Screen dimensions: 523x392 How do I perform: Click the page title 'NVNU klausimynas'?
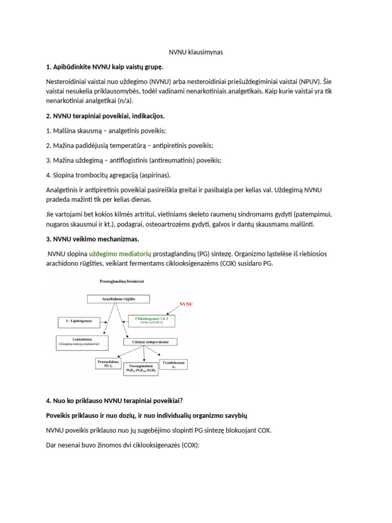tap(196, 52)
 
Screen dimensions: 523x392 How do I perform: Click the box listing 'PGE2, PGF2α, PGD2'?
tap(142, 369)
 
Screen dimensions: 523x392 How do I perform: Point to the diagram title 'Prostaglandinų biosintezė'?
tap(117, 281)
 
